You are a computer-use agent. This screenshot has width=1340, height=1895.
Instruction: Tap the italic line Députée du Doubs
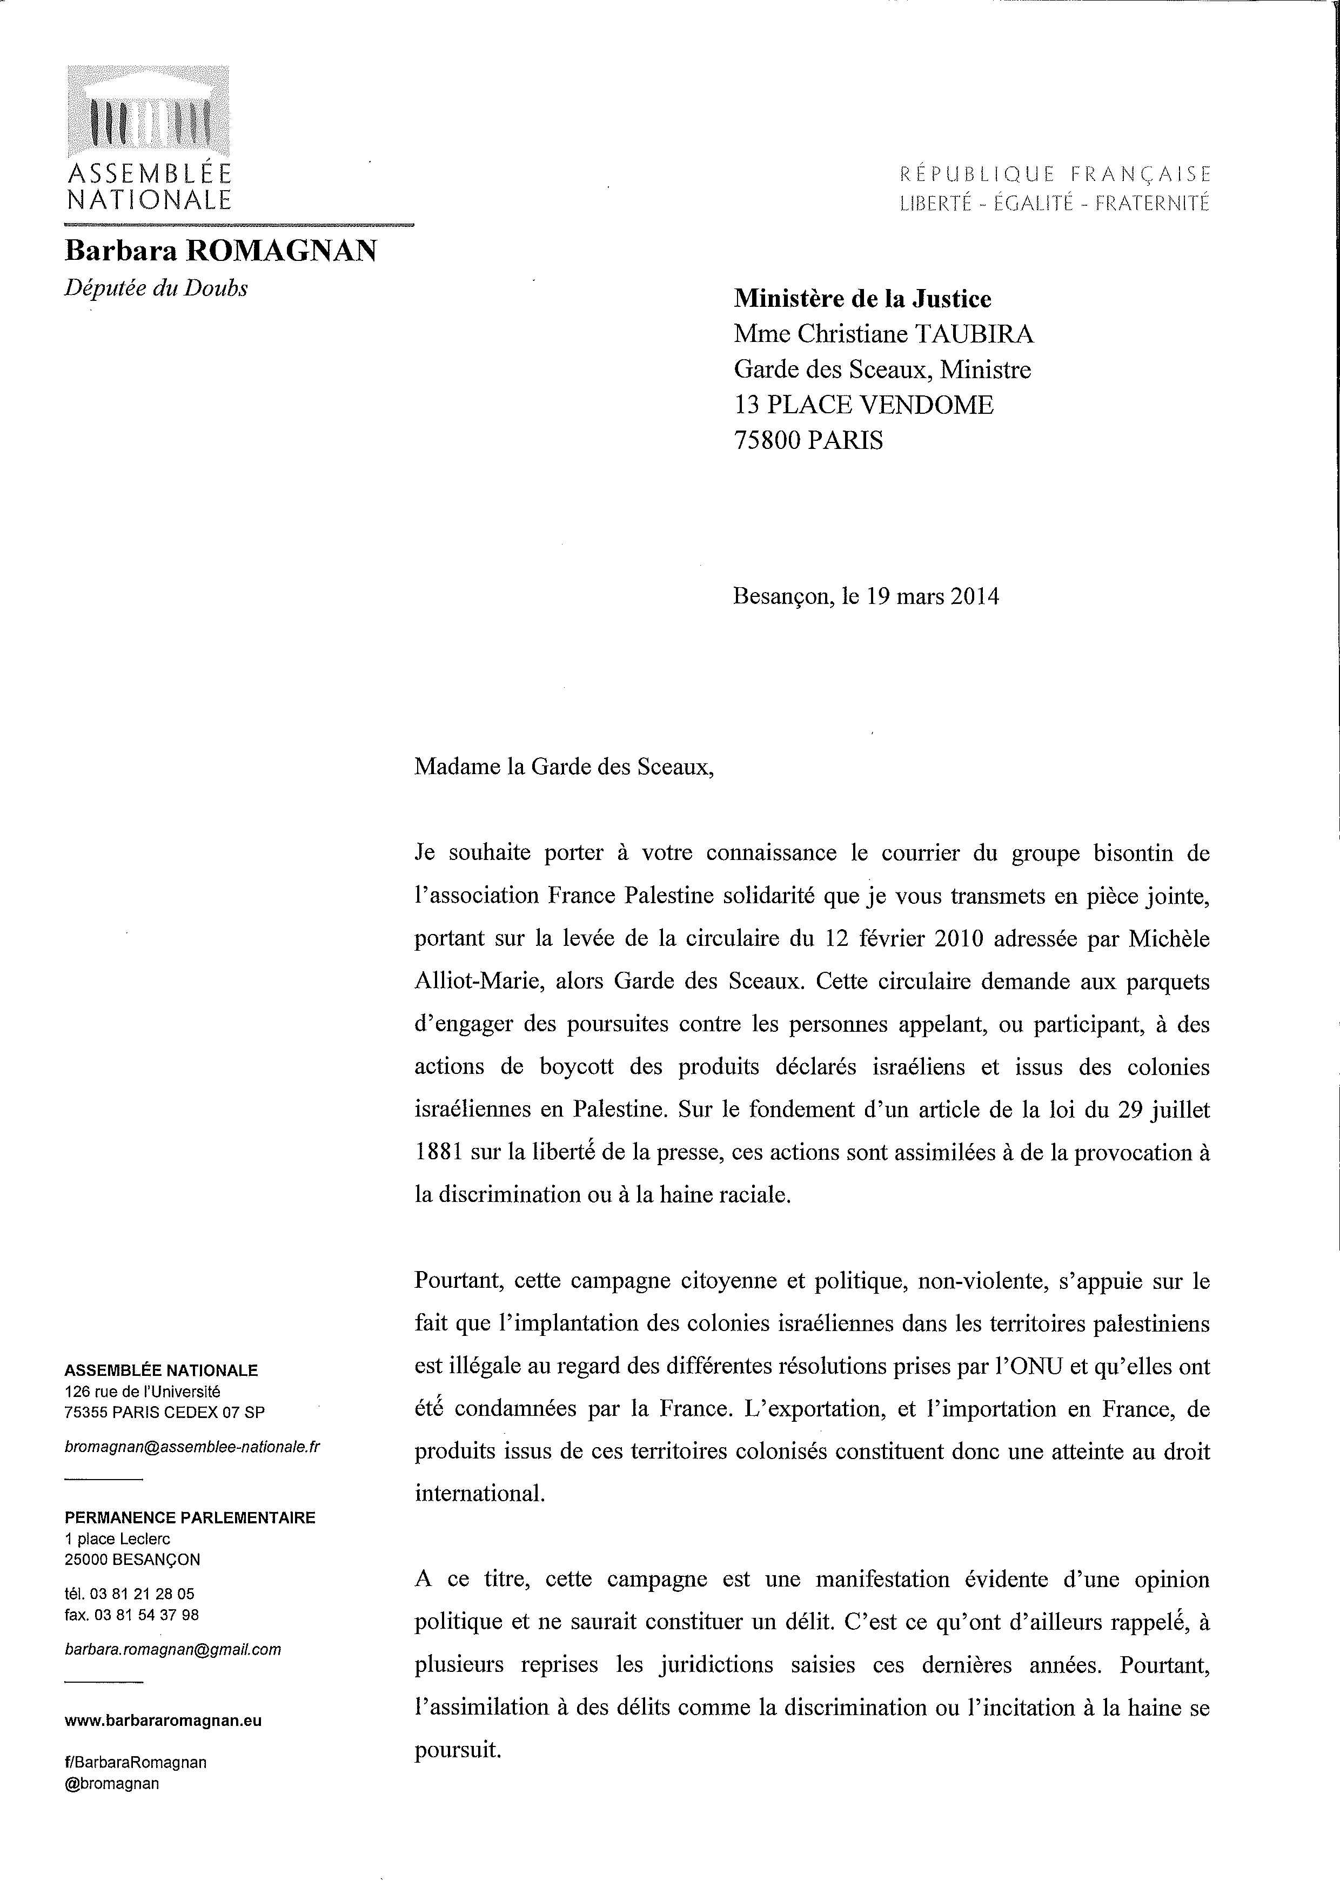point(156,288)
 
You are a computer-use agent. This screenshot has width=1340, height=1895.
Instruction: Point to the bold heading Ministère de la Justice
point(863,298)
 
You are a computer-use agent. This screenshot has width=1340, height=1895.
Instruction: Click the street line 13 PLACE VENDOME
point(863,405)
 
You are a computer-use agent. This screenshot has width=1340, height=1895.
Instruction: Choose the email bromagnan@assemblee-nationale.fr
point(192,1448)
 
